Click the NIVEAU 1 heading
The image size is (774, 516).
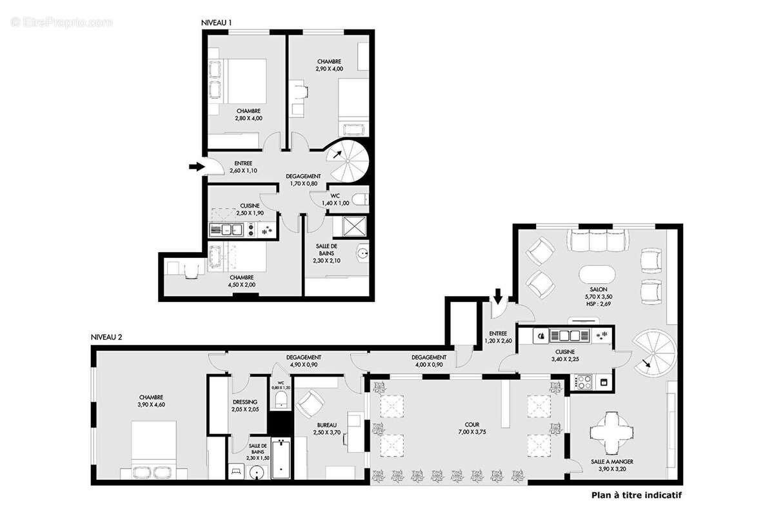[217, 22]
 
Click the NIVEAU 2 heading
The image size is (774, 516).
[106, 337]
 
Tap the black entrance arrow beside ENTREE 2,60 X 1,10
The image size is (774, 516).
[195, 167]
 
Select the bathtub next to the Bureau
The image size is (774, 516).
[281, 459]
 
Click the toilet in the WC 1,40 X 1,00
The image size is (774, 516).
[362, 199]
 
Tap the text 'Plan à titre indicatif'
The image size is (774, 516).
[636, 495]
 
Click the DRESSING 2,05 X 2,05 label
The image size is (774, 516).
[244, 405]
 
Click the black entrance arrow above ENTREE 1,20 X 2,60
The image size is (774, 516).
[498, 297]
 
